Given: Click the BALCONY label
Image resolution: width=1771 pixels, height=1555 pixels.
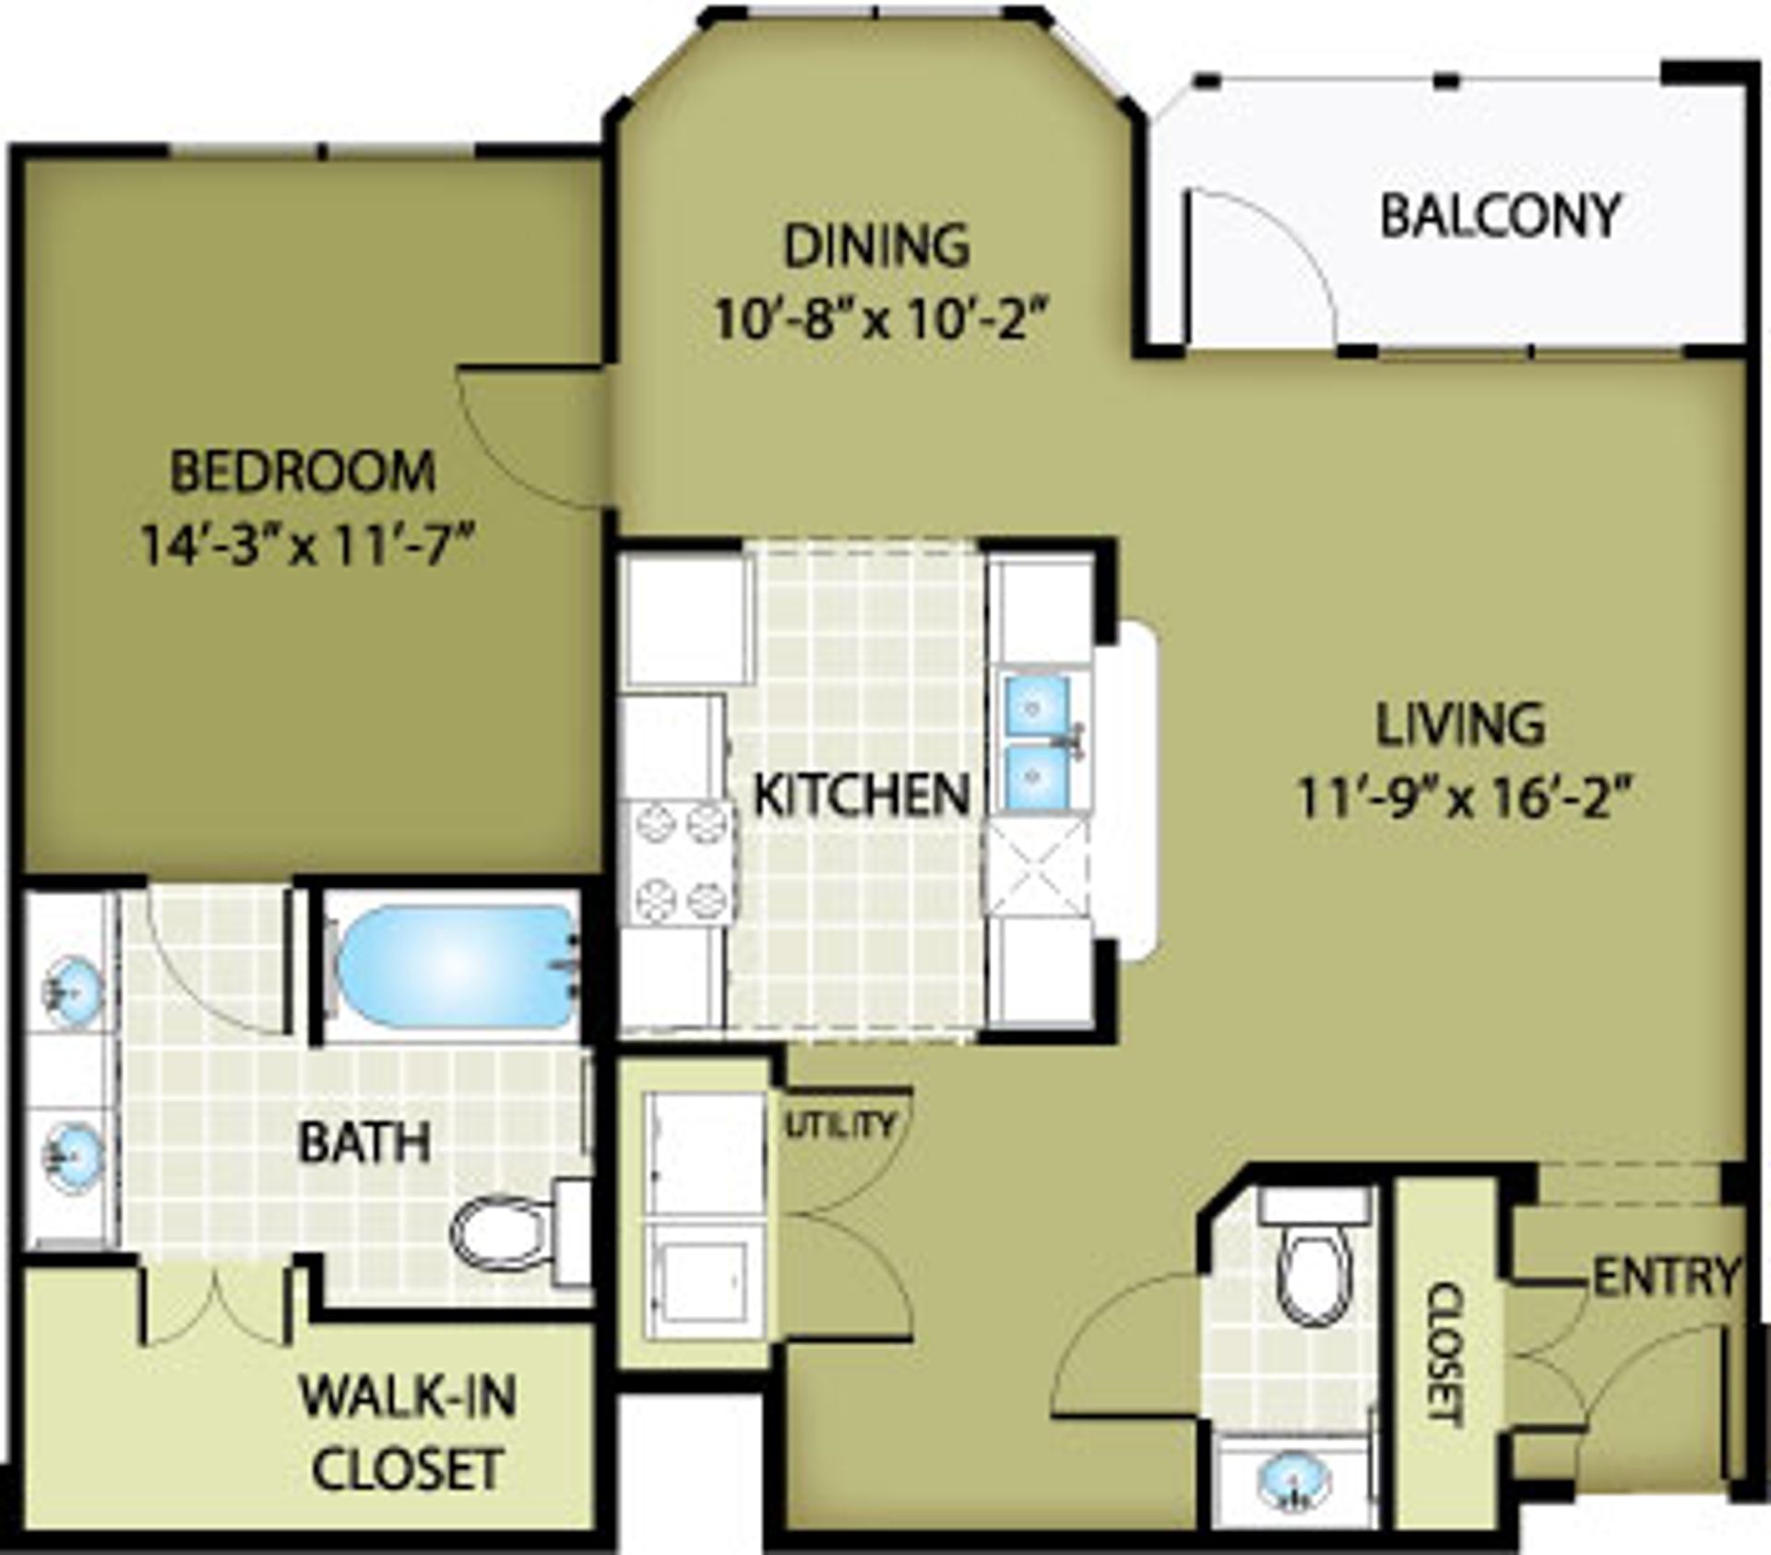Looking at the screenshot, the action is (1500, 216).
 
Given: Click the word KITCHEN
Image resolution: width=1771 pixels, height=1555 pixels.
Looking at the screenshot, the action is (862, 795).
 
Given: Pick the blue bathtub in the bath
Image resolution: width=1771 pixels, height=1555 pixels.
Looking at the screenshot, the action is (456, 965).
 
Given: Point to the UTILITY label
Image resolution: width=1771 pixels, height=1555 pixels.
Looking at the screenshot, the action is (840, 1124).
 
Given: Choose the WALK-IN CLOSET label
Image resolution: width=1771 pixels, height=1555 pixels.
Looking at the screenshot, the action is (407, 1433).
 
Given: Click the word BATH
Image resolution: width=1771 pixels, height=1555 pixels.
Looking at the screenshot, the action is (364, 1142).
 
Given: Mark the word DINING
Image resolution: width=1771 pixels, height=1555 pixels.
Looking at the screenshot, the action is (876, 245).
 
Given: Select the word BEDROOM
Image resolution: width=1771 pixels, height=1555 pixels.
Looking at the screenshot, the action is (303, 471).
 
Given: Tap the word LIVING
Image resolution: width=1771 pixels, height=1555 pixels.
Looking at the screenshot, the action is (1461, 724).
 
